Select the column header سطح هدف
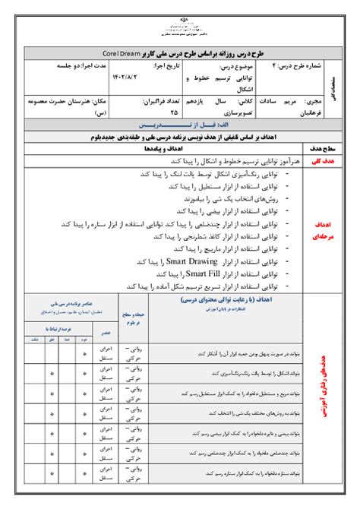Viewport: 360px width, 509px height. click(314, 150)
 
